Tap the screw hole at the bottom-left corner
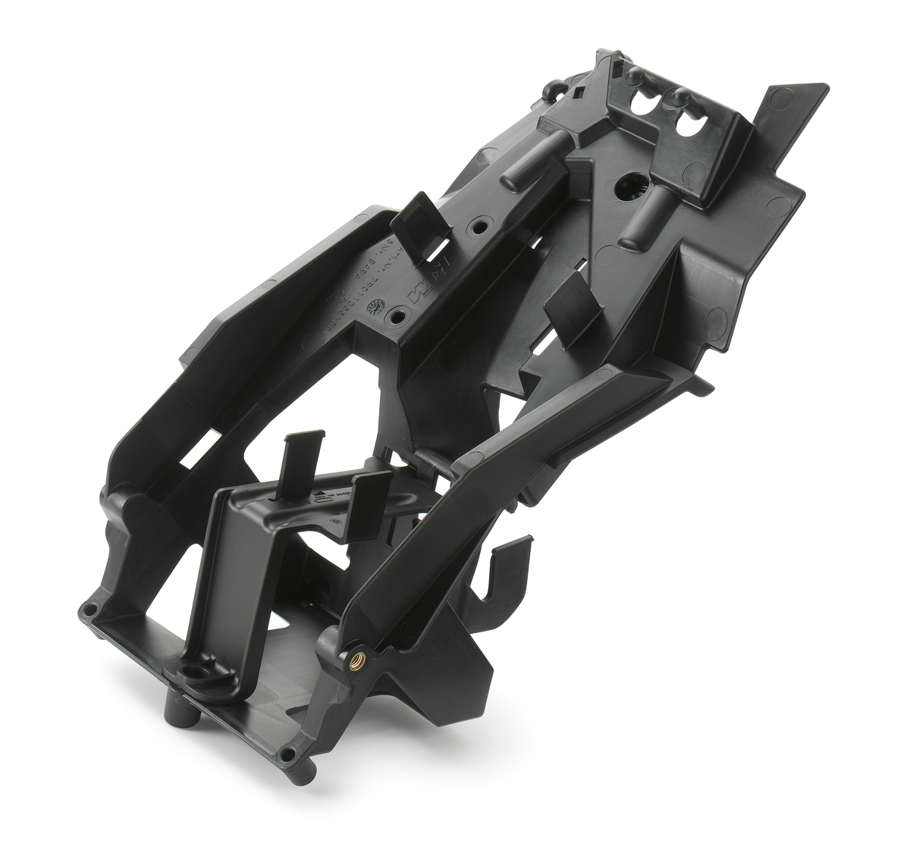tap(90, 610)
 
